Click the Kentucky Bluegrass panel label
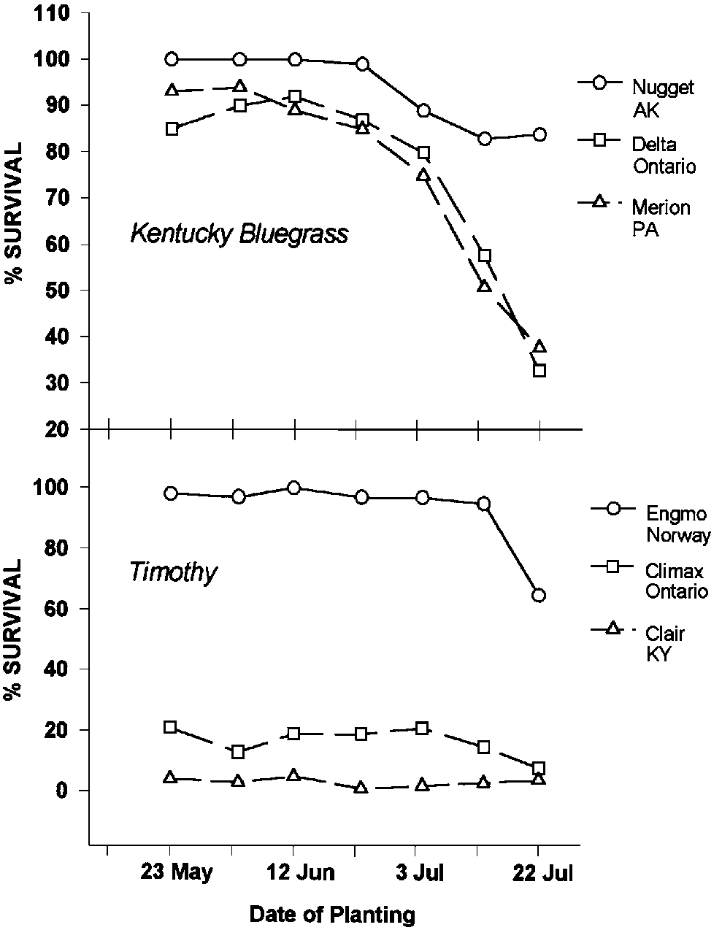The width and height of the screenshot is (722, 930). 239,234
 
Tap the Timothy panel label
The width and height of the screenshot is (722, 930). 173,572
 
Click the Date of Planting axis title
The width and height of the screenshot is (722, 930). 332,914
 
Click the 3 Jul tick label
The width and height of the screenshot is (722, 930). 416,873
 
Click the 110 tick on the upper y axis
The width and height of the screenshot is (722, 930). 55,13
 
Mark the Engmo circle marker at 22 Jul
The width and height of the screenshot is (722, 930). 539,596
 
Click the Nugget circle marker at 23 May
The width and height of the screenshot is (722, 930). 172,59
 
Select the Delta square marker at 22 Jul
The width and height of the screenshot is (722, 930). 539,371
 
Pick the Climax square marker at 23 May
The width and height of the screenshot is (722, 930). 170,727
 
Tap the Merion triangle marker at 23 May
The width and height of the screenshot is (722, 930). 172,91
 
